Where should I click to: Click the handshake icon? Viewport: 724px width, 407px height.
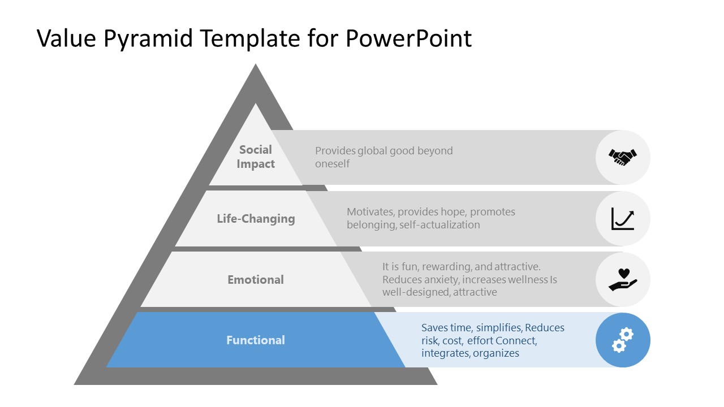[x=623, y=157]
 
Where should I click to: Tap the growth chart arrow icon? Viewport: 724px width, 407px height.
[x=623, y=219]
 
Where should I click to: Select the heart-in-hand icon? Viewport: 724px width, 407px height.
[x=623, y=279]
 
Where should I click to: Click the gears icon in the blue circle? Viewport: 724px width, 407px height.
[x=623, y=340]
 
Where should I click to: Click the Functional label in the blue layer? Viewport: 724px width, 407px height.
[x=256, y=340]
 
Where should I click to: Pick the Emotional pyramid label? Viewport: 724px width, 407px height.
[x=256, y=280]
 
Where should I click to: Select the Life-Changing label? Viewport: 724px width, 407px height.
[x=256, y=219]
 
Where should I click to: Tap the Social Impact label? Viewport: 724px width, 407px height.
[x=256, y=157]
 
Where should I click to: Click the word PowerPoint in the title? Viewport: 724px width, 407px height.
[x=408, y=38]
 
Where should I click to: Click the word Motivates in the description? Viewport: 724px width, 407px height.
[x=370, y=212]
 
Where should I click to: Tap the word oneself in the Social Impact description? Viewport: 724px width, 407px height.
[x=333, y=164]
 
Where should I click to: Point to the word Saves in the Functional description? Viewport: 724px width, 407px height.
[x=434, y=328]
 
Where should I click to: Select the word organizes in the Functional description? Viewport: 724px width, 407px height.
[x=496, y=353]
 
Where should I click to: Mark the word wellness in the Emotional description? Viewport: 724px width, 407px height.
[x=528, y=280]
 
